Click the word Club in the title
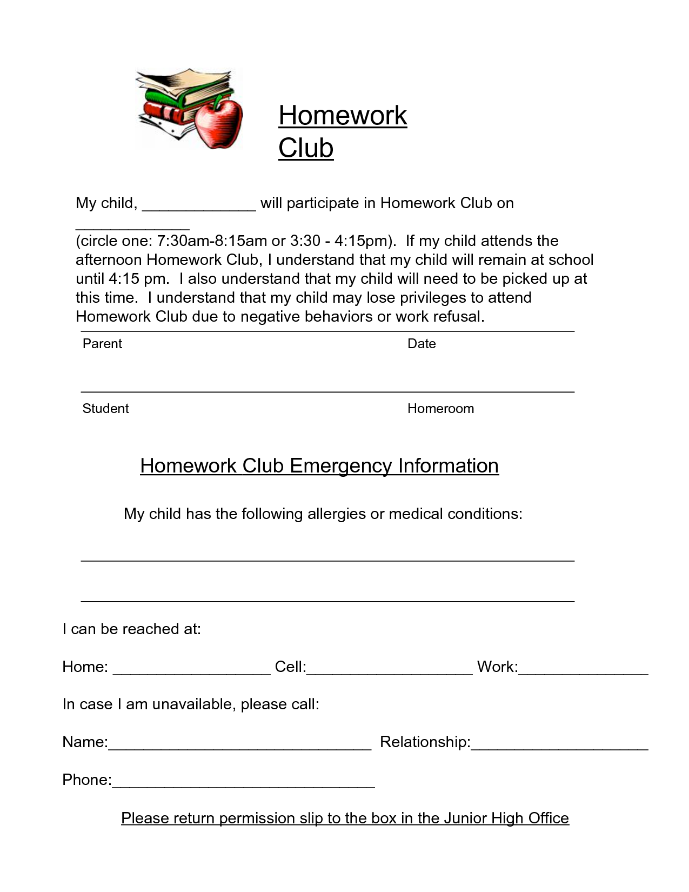pos(306,148)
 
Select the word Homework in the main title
pos(343,116)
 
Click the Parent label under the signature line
pos(102,344)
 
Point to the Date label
pos(422,344)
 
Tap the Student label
pos(105,409)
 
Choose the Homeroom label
pos(440,409)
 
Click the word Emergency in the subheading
pos(340,466)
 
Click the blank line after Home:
pos(192,670)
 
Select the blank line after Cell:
pos(389,670)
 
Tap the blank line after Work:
pos(584,670)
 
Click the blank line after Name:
pos(239,745)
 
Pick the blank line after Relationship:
pos(559,745)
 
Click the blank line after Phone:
pos(243,783)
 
